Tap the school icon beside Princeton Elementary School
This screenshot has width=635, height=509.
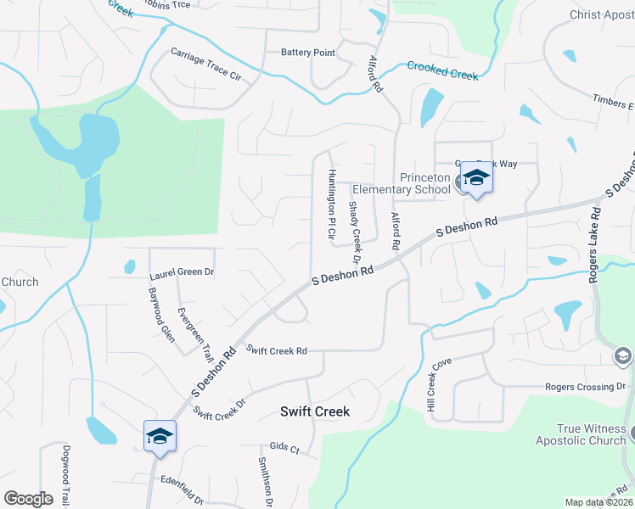coord(476,179)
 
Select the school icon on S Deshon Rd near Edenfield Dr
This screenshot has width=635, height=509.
coord(160,437)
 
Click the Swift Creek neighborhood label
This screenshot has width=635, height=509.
coord(315,411)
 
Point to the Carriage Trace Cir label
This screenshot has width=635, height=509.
coord(206,64)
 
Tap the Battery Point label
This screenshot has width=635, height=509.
coord(308,53)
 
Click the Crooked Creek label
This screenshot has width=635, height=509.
coord(442,70)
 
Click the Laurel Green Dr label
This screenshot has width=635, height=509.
coord(182,274)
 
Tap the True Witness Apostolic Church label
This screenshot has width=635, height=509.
coord(580,434)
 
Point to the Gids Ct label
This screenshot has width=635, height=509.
coord(284,447)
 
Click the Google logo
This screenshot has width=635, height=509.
coord(28,499)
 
